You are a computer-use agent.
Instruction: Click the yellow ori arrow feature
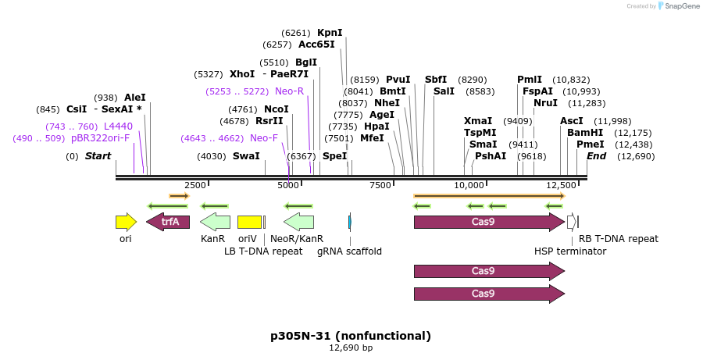point(126,222)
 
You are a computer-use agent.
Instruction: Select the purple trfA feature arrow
point(168,222)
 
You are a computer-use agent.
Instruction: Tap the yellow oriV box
point(249,222)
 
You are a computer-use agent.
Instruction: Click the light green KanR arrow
point(215,222)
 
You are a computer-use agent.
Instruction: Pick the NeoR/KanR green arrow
point(298,222)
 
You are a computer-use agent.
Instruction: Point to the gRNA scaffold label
point(349,251)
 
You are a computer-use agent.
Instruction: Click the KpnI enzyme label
point(330,33)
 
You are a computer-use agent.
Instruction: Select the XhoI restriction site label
point(242,74)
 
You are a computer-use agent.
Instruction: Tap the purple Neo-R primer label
point(289,91)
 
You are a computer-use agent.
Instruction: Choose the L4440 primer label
point(118,127)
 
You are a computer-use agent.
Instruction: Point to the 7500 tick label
point(380,185)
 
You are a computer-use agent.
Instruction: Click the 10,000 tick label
point(470,185)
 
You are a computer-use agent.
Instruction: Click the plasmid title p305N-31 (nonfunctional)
point(351,336)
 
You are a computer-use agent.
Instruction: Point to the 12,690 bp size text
point(351,348)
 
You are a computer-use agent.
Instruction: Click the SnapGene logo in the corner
point(678,6)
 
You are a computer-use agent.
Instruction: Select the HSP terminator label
point(570,251)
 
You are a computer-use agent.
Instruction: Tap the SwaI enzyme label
point(246,156)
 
